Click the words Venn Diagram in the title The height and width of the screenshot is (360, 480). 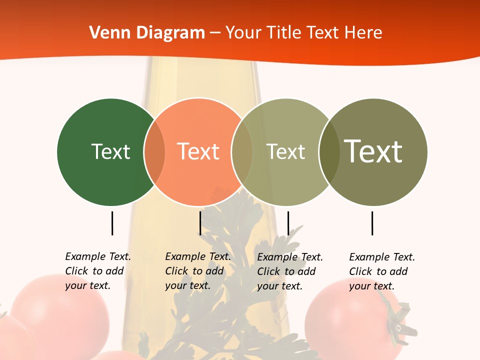click(x=147, y=33)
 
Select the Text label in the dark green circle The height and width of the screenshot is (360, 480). click(x=110, y=151)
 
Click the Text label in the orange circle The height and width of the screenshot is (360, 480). click(x=198, y=151)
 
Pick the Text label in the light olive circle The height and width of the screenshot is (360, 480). click(x=285, y=151)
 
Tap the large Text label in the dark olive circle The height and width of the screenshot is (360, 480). click(x=373, y=151)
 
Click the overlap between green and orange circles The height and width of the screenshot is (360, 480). click(x=154, y=152)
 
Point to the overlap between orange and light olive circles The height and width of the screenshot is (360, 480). click(x=242, y=152)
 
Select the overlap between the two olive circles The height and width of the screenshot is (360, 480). click(x=329, y=152)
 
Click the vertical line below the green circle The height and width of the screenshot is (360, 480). click(x=112, y=223)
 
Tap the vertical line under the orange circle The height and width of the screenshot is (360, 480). click(x=200, y=223)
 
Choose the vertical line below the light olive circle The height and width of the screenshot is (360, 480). click(x=288, y=223)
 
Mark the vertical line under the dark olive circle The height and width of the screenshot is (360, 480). click(x=372, y=223)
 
